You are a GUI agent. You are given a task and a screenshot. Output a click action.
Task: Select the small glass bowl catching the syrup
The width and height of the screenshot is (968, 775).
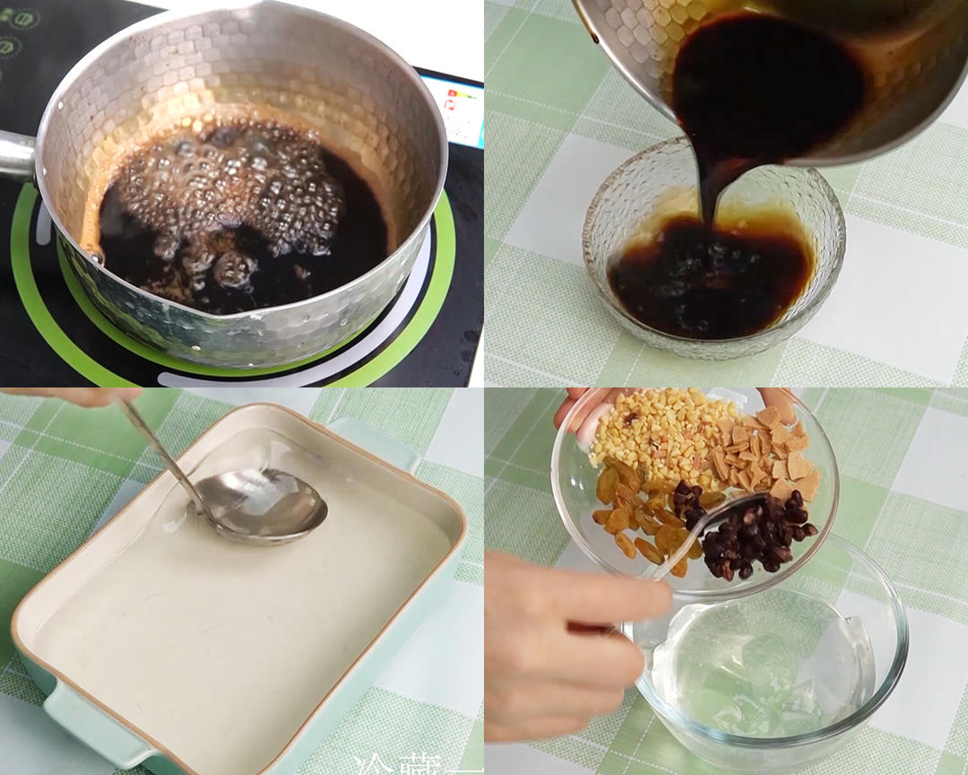[x=713, y=269]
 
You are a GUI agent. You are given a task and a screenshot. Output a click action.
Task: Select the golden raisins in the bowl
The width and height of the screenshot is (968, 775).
[x=636, y=520]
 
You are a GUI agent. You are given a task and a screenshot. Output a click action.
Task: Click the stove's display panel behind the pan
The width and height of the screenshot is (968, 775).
[x=453, y=108]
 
